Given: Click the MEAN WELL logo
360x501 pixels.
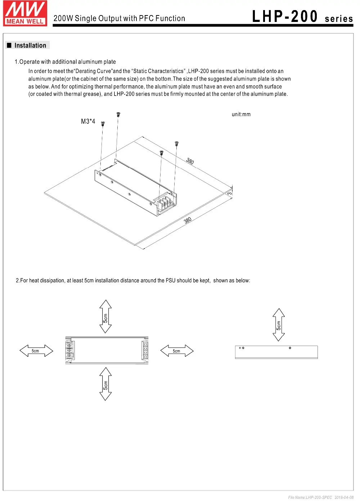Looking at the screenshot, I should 25,13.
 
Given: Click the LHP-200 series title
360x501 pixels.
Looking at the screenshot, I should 302,17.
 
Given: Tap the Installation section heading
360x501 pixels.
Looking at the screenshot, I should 30,46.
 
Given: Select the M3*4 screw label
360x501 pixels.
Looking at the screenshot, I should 88,122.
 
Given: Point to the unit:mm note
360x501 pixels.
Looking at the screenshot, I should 241,114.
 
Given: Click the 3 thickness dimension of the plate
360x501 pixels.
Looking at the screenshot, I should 230,193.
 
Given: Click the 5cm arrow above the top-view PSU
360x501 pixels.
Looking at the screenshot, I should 105,316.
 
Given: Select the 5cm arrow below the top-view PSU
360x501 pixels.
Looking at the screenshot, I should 105,384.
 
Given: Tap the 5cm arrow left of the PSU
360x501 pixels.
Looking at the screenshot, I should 36,351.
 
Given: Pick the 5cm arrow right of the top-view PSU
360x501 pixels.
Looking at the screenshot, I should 176,351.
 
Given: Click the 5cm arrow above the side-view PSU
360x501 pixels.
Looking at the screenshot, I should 279,324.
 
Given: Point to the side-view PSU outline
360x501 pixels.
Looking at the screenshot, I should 276,352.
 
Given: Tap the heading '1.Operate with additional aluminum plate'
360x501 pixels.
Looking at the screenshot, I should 65,62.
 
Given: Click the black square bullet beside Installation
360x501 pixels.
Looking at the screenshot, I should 9,46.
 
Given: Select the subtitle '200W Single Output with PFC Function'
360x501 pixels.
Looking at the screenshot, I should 119,19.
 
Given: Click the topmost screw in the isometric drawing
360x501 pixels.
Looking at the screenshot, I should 118,114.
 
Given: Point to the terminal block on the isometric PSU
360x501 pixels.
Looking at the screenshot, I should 166,203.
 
